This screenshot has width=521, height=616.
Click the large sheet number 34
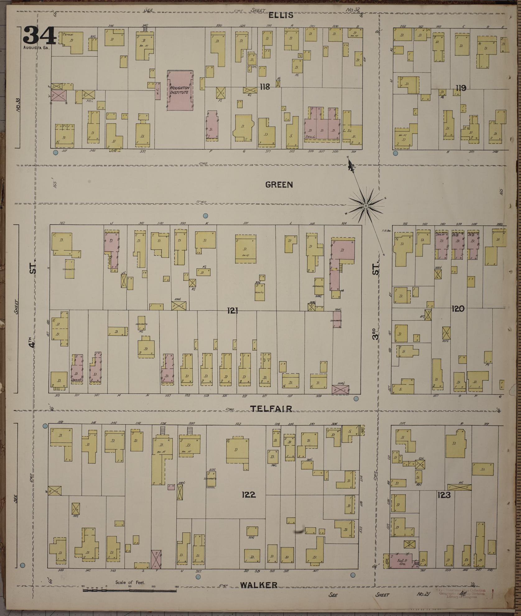click(x=39, y=35)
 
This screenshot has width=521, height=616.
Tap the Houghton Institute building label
click(x=180, y=90)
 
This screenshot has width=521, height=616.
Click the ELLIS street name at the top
click(x=283, y=15)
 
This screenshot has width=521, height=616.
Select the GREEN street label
click(x=279, y=185)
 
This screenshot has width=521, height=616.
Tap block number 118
click(x=265, y=87)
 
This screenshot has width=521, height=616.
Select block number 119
click(x=461, y=88)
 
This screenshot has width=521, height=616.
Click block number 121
click(x=233, y=310)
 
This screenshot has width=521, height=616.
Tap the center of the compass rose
click(x=366, y=206)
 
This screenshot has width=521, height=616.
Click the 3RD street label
click(x=377, y=332)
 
